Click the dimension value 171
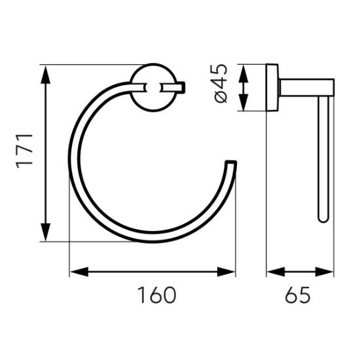tap(24, 151)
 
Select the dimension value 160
tap(157, 295)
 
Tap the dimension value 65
tap(298, 295)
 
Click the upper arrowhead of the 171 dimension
tap(46, 75)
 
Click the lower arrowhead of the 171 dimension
tap(46, 232)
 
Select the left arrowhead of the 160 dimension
tap(79, 272)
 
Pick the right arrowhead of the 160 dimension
tap(226, 272)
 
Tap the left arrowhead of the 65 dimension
tap(276, 272)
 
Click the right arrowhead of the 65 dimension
tap(324, 272)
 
